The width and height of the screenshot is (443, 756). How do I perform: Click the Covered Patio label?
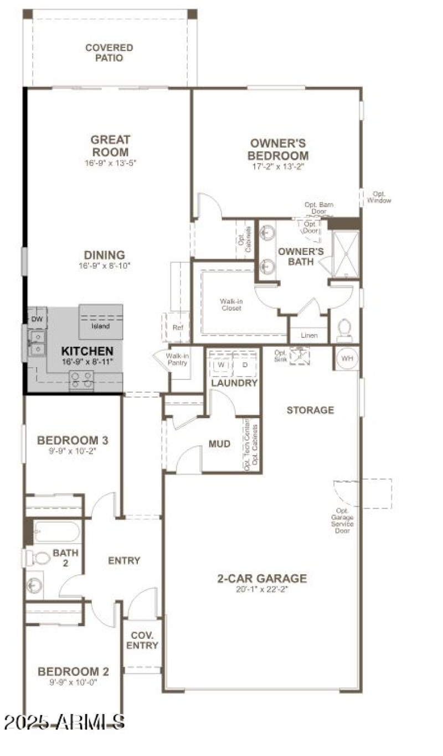tap(109, 53)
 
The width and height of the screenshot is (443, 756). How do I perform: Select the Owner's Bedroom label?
tap(277, 149)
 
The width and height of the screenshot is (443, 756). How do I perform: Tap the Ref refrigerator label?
tap(177, 327)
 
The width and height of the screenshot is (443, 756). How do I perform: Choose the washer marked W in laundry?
tap(221, 365)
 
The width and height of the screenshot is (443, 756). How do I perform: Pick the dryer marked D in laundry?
tap(245, 365)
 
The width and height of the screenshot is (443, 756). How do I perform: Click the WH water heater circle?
tap(347, 358)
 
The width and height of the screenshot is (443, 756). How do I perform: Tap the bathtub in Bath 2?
tap(56, 532)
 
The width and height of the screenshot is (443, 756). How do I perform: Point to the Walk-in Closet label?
tap(231, 305)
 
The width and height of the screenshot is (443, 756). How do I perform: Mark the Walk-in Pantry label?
tap(178, 359)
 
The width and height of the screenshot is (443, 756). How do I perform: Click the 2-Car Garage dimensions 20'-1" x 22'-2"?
tap(261, 590)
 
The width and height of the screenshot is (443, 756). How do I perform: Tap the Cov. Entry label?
tap(142, 640)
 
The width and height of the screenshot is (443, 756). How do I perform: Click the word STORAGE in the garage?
tap(310, 410)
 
